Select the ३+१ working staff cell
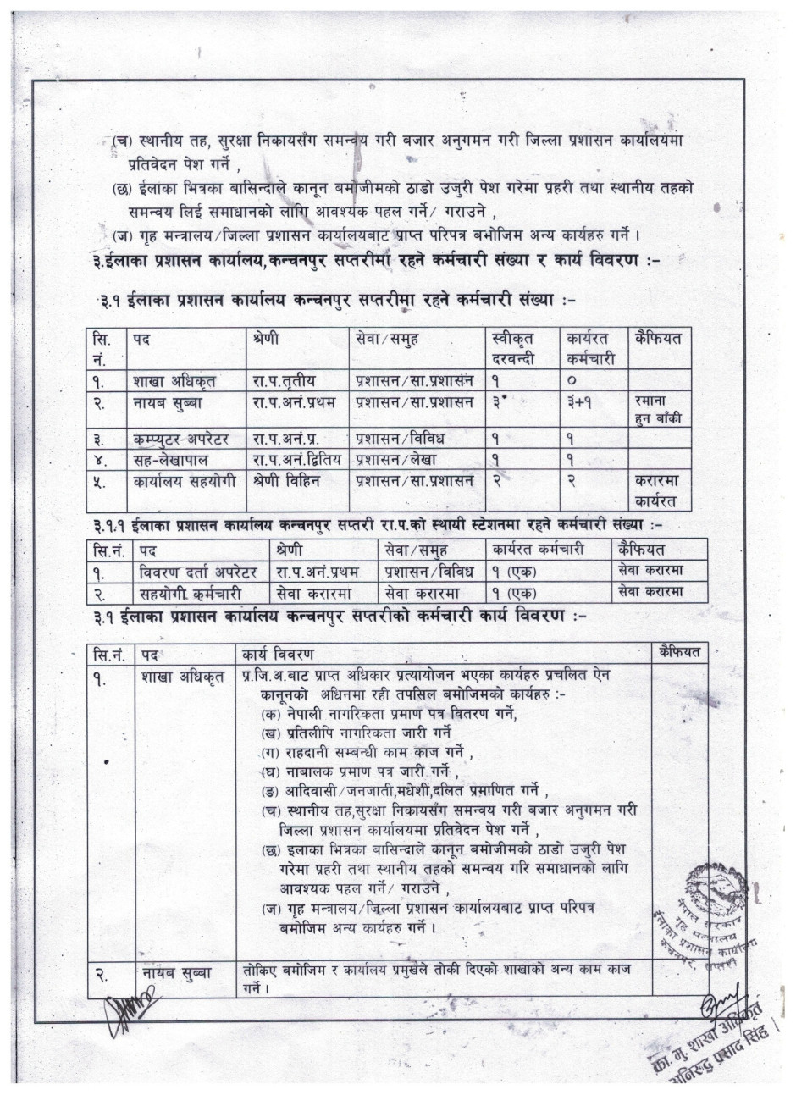coord(582,402)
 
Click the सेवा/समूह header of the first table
coord(387,340)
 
